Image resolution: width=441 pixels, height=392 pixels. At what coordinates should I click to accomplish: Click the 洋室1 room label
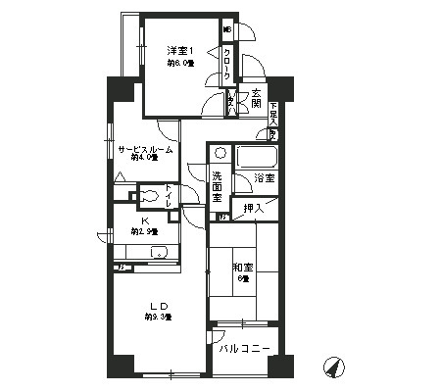click(177, 51)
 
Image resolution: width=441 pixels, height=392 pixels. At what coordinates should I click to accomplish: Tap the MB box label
click(228, 29)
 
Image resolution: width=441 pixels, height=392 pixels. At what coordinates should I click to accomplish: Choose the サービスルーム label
click(146, 150)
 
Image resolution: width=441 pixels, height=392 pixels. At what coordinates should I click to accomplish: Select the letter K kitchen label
click(144, 220)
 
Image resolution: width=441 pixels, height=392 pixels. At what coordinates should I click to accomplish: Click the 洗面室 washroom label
click(218, 183)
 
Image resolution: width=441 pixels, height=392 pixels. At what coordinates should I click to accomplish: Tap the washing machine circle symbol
click(220, 154)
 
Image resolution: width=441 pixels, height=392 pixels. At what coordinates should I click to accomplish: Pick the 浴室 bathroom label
click(263, 178)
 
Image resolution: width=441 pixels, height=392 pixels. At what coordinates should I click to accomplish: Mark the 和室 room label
click(243, 267)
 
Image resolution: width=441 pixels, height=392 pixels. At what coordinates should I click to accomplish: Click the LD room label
click(157, 305)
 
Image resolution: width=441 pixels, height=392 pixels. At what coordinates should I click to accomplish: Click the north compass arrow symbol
click(333, 367)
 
